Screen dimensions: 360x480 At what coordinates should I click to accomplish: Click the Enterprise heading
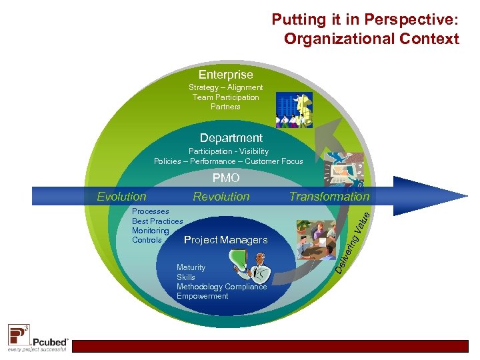225,75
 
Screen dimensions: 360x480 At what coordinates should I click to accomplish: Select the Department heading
231,138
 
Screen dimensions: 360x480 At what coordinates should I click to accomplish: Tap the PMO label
226,179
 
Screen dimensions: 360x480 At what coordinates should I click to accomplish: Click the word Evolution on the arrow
121,197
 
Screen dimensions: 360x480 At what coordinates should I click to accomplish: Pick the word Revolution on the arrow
221,197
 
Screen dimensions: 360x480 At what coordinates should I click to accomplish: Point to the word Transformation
329,197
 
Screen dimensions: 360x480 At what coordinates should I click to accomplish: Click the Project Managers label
225,240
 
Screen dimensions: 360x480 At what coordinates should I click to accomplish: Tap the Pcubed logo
38,338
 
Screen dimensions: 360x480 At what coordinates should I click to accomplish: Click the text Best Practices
157,221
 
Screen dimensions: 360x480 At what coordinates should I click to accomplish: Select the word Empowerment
202,296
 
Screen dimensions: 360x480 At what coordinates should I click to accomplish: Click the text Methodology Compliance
221,287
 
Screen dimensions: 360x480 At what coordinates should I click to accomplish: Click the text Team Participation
225,97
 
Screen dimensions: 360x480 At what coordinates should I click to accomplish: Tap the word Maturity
191,267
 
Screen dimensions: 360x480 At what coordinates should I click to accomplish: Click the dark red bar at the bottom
273,346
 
